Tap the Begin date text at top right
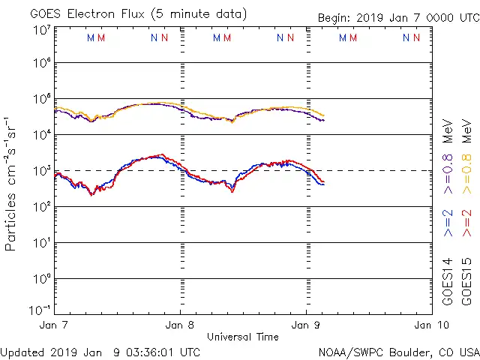point(397,18)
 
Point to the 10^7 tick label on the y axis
point(42,30)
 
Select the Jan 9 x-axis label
point(305,325)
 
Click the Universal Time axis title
point(242,337)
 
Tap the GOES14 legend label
point(448,281)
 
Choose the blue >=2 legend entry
point(448,223)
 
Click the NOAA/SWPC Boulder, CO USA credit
point(398,352)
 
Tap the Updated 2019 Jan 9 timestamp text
point(100,352)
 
